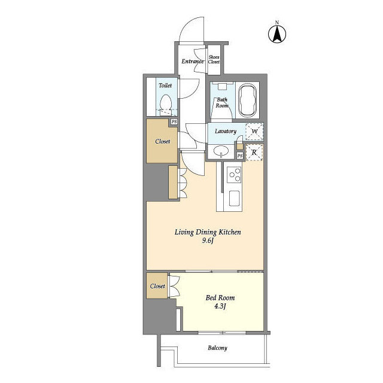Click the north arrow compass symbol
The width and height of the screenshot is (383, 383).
tap(277, 34)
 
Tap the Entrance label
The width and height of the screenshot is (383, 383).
tap(193, 61)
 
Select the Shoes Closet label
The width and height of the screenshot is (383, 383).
tap(214, 59)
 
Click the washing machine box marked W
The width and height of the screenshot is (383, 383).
tap(254, 132)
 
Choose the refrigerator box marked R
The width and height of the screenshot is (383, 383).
tap(254, 153)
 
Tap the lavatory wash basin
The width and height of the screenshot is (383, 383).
tap(221, 151)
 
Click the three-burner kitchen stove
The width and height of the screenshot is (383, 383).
tap(234, 175)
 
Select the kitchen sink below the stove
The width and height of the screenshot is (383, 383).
tap(234, 198)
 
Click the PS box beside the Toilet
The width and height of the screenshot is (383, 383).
tap(174, 121)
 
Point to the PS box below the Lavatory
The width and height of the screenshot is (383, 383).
tap(240, 156)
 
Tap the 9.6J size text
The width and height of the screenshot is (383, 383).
tap(208, 241)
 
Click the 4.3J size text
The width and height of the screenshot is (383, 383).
tap(220, 306)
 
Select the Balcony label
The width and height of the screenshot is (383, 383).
tap(217, 348)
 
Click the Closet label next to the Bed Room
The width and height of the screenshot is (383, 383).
tap(157, 286)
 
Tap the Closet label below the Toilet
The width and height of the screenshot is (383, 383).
tap(163, 141)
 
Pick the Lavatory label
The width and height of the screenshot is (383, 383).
tap(226, 132)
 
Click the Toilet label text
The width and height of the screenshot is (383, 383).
tap(165, 85)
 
